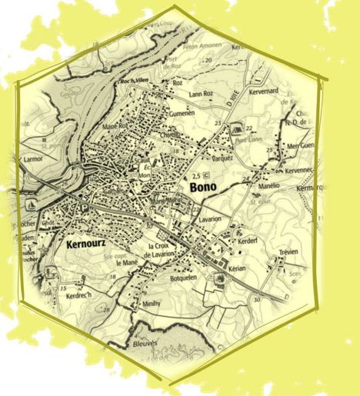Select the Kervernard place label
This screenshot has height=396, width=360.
pyautogui.click(x=263, y=91)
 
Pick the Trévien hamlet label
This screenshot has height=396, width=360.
pyautogui.click(x=288, y=252)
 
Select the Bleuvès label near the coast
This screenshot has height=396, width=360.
pyautogui.click(x=143, y=343)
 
